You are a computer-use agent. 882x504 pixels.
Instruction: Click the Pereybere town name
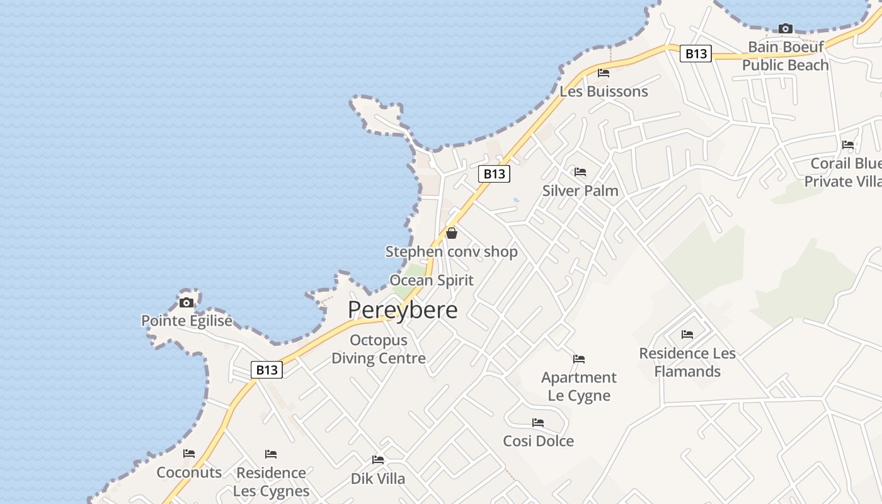[x=403, y=310]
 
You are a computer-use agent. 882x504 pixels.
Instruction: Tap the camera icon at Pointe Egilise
[x=186, y=302]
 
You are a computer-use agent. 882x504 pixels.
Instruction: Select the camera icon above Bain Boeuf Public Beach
[x=785, y=28]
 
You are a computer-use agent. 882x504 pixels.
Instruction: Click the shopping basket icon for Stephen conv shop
[x=452, y=233]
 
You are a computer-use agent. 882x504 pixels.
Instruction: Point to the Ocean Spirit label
[x=432, y=280]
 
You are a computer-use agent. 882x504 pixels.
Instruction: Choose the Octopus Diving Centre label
[x=379, y=350]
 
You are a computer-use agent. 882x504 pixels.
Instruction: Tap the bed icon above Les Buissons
[x=604, y=73]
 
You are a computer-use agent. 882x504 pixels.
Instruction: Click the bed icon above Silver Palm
[x=580, y=172]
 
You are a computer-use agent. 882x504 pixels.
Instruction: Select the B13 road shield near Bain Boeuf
[x=696, y=54]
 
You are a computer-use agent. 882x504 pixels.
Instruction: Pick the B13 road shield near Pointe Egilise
[x=266, y=370]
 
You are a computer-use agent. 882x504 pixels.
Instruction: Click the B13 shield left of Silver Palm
[x=494, y=174]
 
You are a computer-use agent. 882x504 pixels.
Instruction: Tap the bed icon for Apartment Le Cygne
[x=579, y=359]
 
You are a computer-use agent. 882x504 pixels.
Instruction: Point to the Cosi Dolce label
[x=539, y=441]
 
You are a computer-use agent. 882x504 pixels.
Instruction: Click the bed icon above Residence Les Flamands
[x=687, y=335]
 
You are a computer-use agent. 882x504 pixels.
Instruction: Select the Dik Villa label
[x=378, y=479]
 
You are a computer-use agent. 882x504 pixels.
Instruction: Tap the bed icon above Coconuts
[x=189, y=454]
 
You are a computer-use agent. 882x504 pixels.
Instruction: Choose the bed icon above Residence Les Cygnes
[x=271, y=454]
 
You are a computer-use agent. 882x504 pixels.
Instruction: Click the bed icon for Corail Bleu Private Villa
[x=848, y=145]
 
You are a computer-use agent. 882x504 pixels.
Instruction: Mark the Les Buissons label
[x=604, y=91]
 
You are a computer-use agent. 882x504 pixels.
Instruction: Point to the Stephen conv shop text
[x=452, y=252]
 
